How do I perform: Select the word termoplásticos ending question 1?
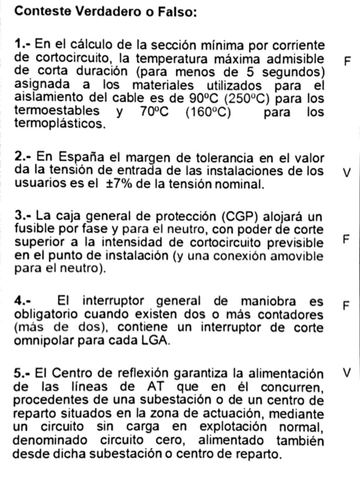click(x=59, y=123)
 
